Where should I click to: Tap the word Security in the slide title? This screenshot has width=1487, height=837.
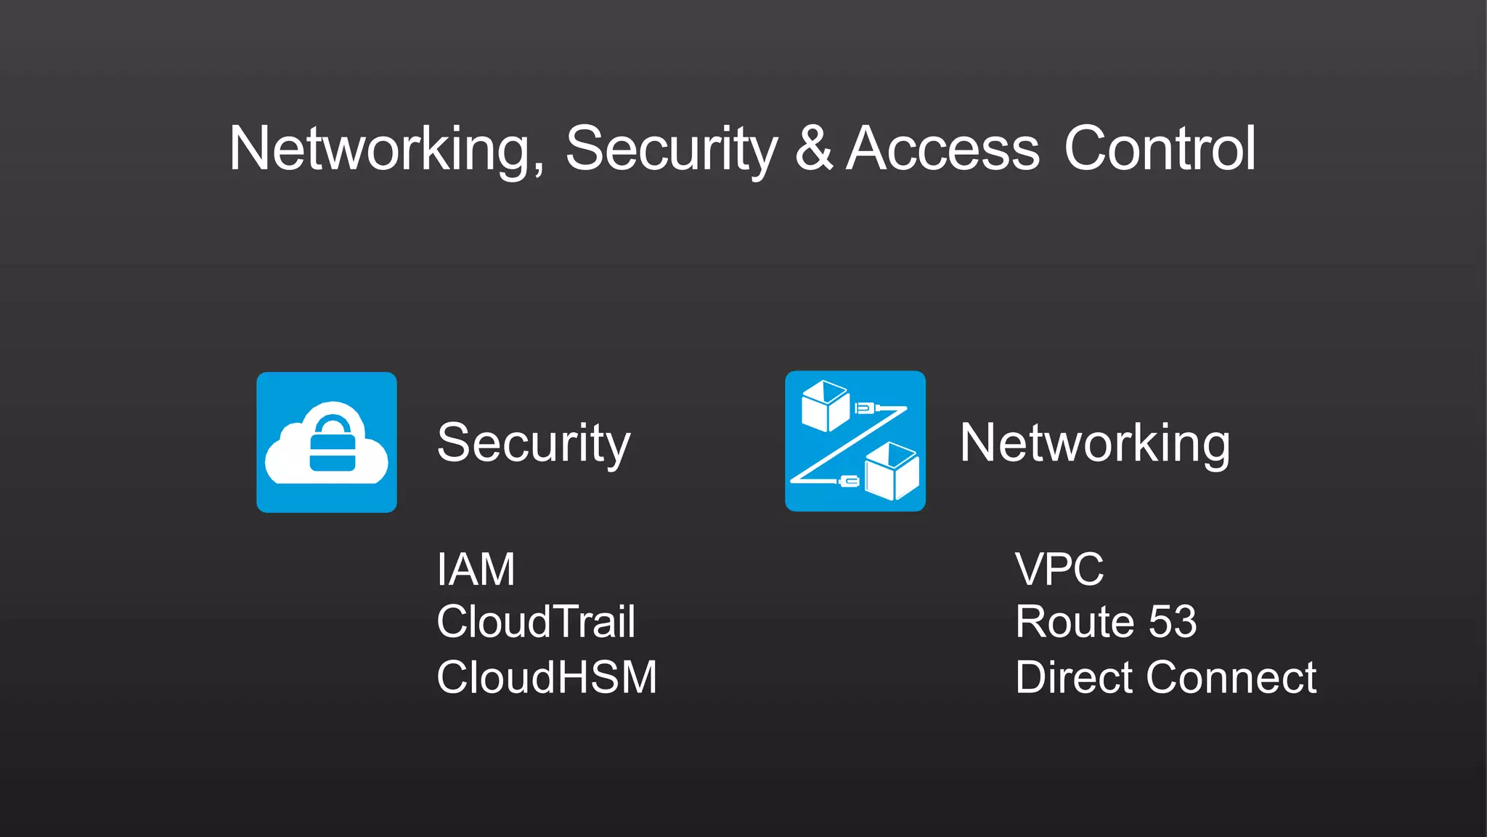pos(671,149)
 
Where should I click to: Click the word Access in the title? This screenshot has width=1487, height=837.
pos(942,149)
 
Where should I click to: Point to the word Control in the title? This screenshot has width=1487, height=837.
pos(1160,149)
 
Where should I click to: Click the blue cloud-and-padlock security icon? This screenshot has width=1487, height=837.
pos(327,442)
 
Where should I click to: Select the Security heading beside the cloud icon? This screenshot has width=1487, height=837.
pos(534,443)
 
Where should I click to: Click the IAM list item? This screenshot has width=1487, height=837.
pos(476,569)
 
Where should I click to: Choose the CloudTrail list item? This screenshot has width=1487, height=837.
pos(536,622)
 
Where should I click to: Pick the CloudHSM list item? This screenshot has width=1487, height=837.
pos(547,677)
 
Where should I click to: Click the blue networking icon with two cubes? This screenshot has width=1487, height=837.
pos(855,441)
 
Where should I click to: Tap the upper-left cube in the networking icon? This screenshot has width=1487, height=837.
pos(825,405)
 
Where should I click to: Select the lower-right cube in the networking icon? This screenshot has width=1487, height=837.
pos(892,472)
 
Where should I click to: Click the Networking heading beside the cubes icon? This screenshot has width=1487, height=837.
pos(1095,443)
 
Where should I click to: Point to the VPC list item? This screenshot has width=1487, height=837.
pos(1059,569)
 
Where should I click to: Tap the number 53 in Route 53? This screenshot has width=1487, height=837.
pos(1172,622)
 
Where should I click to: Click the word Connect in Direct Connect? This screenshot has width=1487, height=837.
pos(1231,677)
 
